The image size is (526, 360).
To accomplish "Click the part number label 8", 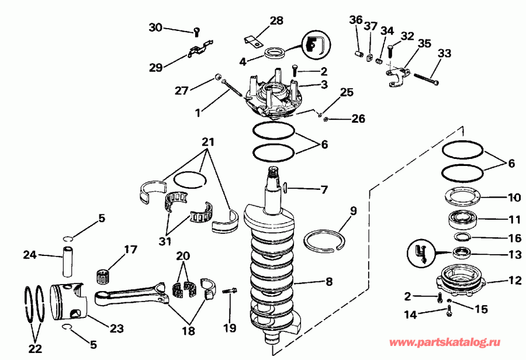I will click(329, 282).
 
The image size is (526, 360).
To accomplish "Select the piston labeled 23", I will click(67, 302).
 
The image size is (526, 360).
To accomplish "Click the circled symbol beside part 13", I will click(420, 255).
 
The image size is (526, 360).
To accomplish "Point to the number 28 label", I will click(276, 21).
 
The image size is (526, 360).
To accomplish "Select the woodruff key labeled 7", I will click(285, 188).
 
